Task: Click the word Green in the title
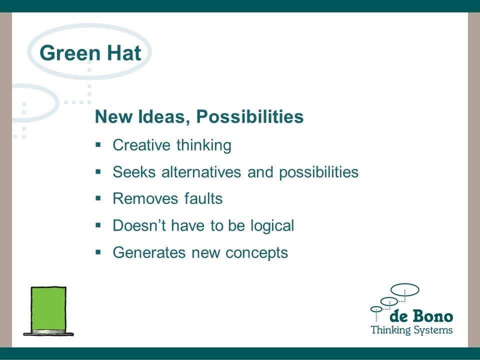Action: point(70,53)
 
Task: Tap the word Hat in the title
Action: point(124,53)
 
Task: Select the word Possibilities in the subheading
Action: point(250,116)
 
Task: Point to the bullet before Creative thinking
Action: point(98,144)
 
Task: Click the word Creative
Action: point(141,145)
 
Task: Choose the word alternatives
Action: point(201,171)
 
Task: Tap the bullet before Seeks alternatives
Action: point(98,171)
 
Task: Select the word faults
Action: point(203,198)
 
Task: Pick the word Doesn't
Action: point(139,225)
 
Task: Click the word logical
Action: point(272,226)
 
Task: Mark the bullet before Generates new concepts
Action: point(98,252)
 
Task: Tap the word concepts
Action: point(256,253)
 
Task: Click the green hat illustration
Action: point(48,311)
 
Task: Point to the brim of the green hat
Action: point(48,333)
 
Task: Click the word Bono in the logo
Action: point(432,316)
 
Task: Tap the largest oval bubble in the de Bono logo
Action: point(404,289)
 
